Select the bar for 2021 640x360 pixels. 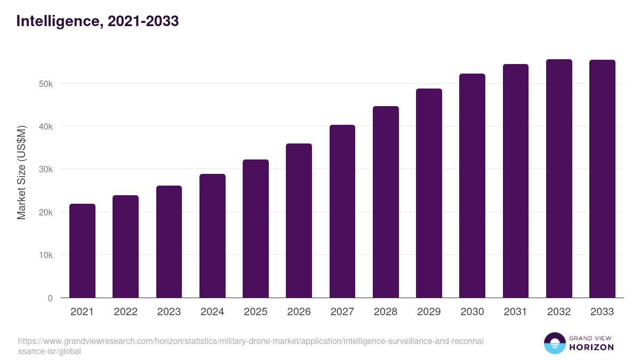click(82, 251)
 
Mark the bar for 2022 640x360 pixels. click(125, 246)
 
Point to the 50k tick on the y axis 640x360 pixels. click(45, 84)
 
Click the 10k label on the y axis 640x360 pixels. click(45, 255)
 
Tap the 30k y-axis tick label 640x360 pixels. click(45, 170)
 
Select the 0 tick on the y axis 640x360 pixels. click(50, 298)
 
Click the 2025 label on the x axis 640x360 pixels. click(255, 312)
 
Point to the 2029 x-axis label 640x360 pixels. click(429, 312)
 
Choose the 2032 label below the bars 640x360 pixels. click(559, 312)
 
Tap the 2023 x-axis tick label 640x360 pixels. click(169, 312)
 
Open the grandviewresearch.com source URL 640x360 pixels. click(251, 346)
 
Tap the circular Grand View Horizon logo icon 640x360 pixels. click(554, 343)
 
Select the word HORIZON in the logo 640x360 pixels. click(591, 347)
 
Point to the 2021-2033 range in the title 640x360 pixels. click(143, 21)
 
